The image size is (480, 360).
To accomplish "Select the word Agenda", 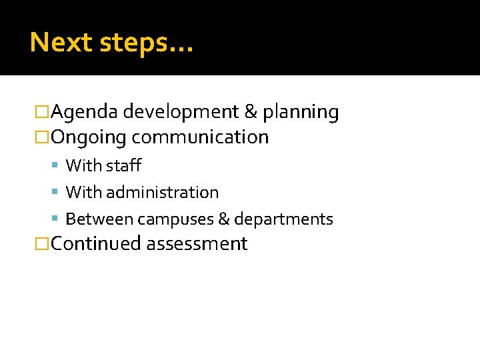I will [x=85, y=112].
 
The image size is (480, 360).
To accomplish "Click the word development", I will [x=179, y=112].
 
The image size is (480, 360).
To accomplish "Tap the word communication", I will [x=200, y=137].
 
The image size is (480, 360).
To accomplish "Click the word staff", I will [x=123, y=165].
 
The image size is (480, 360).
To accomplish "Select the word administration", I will [x=162, y=192].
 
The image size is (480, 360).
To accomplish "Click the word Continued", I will [x=96, y=244].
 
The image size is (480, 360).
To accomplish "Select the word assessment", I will [x=197, y=244].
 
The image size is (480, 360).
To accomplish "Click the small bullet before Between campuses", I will [x=57, y=219].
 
